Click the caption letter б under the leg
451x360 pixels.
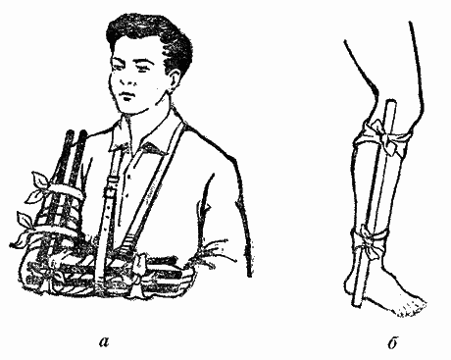(x=392, y=342)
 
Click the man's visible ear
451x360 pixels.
(x=174, y=81)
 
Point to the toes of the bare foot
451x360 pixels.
(x=413, y=308)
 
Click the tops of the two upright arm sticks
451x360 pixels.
(x=76, y=134)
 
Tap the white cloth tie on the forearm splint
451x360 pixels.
(x=139, y=268)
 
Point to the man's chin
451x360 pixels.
(x=130, y=109)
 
